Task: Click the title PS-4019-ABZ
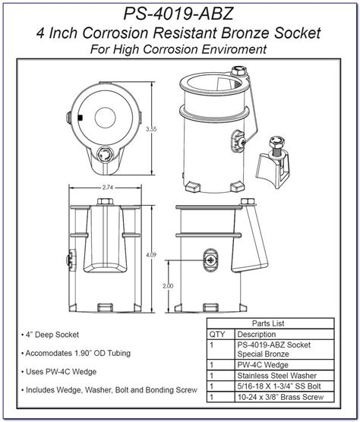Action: (x=181, y=14)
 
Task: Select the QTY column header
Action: (x=219, y=334)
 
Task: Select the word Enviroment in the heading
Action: (x=237, y=50)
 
